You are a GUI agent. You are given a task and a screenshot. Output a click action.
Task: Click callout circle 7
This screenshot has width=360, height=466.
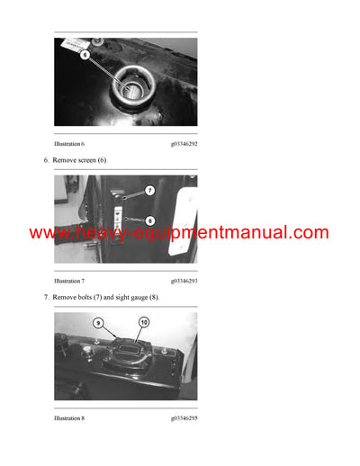(x=150, y=191)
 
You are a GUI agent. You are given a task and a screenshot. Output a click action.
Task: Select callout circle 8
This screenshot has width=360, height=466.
(x=150, y=220)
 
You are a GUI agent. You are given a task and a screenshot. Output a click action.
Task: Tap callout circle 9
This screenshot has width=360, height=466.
(x=100, y=322)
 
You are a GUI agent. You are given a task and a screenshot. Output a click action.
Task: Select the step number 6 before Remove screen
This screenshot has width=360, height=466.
(x=46, y=160)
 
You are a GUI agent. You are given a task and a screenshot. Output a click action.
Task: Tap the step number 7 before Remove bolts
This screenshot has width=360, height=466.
(x=46, y=298)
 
